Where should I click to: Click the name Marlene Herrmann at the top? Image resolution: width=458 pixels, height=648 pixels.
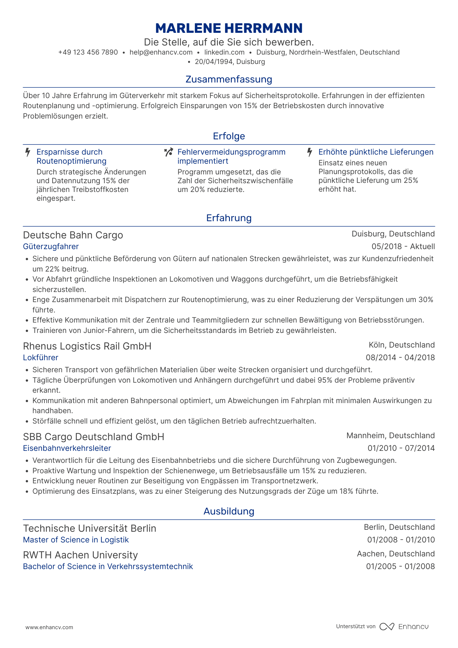click(229, 29)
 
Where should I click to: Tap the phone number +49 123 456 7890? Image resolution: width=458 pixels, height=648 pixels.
click(88, 52)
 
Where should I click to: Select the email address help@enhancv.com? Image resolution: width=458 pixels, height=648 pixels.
click(161, 52)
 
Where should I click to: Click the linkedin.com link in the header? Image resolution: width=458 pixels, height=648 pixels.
click(224, 52)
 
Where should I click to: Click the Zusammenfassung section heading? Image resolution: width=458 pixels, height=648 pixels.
click(229, 79)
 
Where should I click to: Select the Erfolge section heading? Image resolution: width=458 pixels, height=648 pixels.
click(229, 136)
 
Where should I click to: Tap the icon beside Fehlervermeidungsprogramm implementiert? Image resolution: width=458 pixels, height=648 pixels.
click(168, 152)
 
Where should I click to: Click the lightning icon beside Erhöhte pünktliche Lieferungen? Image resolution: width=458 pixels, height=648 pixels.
click(310, 152)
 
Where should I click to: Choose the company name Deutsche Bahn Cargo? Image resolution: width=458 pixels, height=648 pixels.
click(73, 235)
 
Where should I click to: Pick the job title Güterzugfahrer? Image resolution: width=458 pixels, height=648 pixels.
click(51, 247)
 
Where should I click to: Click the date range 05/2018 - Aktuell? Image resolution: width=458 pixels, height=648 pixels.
click(403, 247)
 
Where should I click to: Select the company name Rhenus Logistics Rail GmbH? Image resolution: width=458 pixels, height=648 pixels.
click(87, 346)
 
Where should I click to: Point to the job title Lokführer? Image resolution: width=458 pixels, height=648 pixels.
click(41, 358)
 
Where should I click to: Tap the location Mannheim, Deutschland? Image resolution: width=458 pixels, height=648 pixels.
click(390, 436)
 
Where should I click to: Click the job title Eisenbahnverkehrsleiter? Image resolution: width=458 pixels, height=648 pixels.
click(67, 448)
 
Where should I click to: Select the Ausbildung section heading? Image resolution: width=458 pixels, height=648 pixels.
click(229, 511)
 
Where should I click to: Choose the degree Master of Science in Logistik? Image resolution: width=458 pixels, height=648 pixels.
click(76, 540)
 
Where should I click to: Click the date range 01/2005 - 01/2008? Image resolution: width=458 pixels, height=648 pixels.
click(401, 566)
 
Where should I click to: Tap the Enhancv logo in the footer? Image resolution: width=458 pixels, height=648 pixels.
click(404, 627)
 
